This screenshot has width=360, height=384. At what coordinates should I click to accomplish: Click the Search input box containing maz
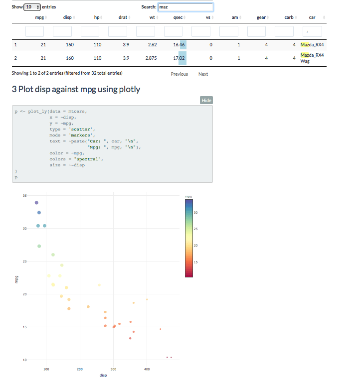click(185, 7)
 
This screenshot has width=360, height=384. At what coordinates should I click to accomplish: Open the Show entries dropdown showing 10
click(31, 7)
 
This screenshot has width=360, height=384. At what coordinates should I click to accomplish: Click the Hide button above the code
click(206, 100)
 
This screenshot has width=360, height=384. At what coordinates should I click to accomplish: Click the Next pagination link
click(203, 74)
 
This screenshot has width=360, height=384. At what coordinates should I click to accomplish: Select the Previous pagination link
click(179, 74)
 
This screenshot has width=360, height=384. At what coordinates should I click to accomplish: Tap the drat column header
click(123, 17)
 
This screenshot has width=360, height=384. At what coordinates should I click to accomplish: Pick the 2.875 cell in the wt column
click(151, 58)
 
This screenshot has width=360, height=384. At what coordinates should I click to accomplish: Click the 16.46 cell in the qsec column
click(179, 45)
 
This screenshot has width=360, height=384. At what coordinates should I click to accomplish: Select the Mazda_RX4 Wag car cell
click(312, 58)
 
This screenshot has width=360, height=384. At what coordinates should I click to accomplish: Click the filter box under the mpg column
click(35, 31)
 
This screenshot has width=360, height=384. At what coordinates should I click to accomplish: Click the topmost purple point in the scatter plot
click(36, 203)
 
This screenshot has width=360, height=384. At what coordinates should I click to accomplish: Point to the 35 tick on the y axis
click(24, 195)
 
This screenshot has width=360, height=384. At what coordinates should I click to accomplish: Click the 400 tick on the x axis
click(147, 369)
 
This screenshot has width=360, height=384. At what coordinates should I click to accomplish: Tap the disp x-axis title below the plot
click(103, 375)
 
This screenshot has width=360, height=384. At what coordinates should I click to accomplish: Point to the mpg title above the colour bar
click(188, 196)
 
